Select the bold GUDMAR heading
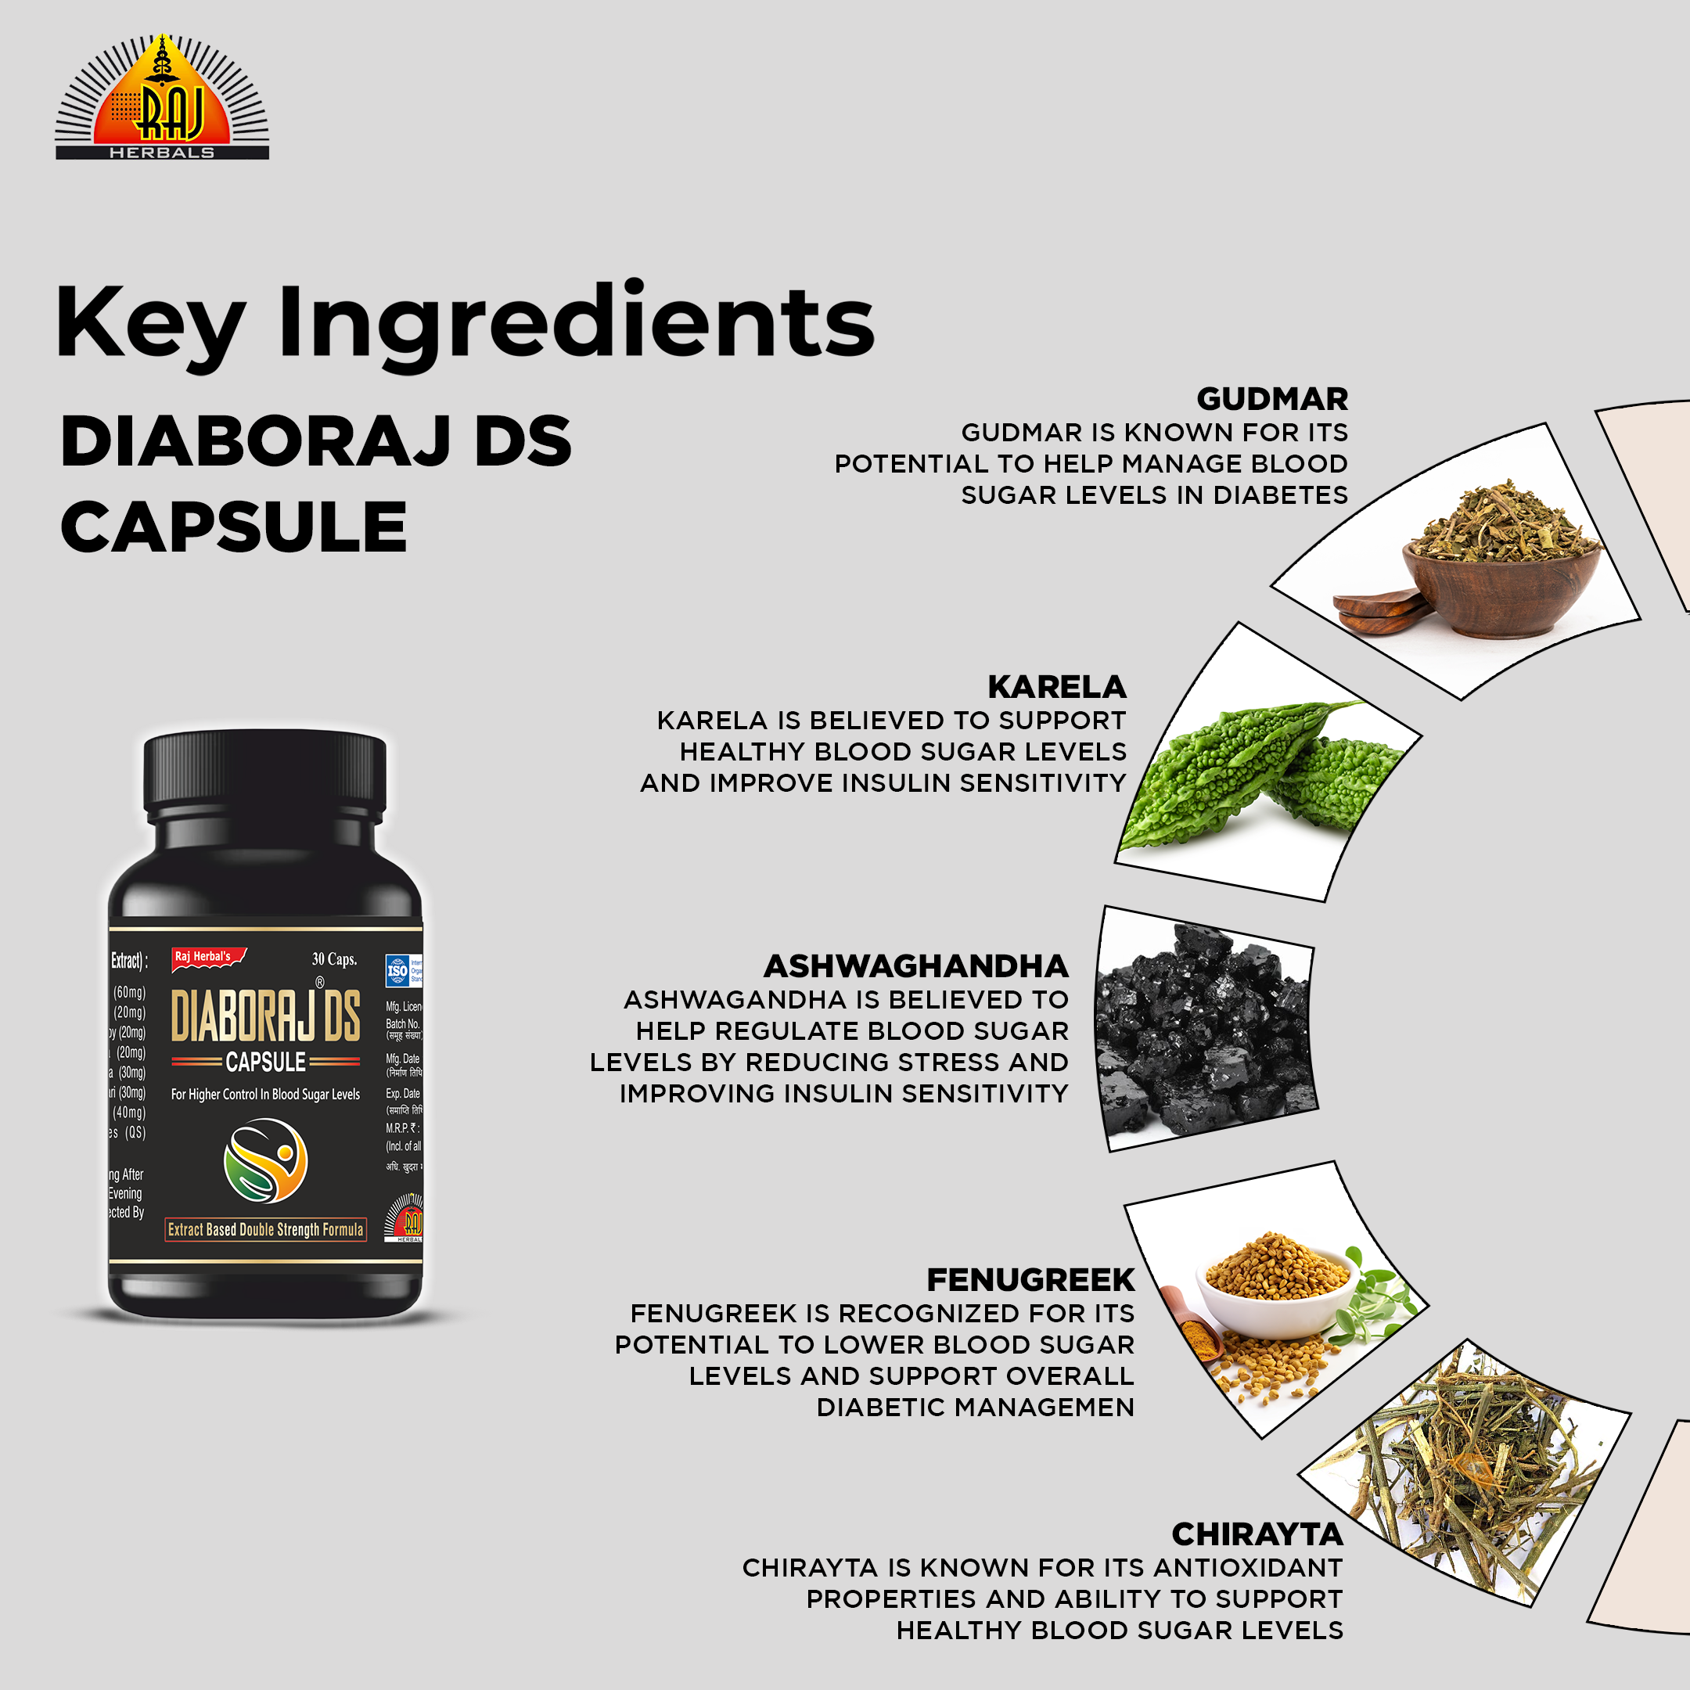pyautogui.click(x=1272, y=399)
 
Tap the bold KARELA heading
pyautogui.click(x=1057, y=687)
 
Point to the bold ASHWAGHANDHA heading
pyautogui.click(x=916, y=965)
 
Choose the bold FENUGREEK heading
pyautogui.click(x=1030, y=1280)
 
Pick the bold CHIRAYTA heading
pyautogui.click(x=1257, y=1534)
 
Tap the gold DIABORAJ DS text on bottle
pyautogui.click(x=265, y=1016)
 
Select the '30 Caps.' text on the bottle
pyautogui.click(x=334, y=959)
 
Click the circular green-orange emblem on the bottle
pyautogui.click(x=266, y=1161)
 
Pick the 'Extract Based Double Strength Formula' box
pyautogui.click(x=265, y=1230)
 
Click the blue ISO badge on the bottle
pyautogui.click(x=398, y=970)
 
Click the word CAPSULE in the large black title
pyautogui.click(x=234, y=528)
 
